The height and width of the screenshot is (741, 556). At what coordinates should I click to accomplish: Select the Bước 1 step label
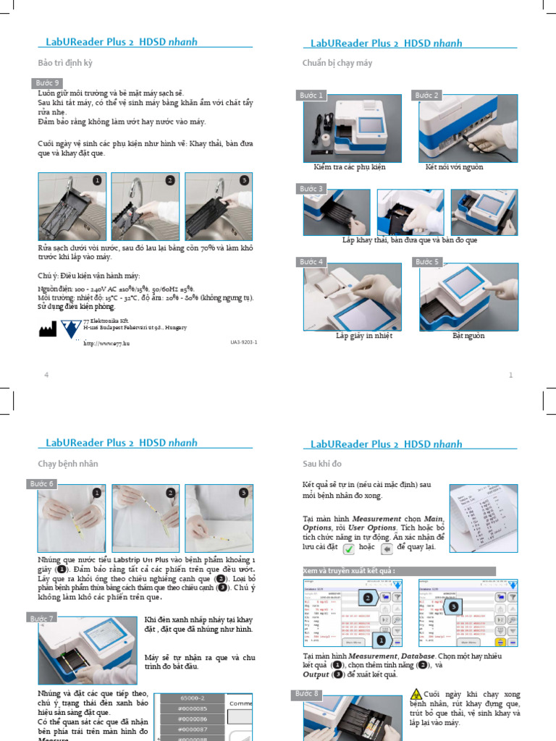click(x=312, y=96)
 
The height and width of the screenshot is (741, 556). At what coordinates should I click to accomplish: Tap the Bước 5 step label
click(x=427, y=261)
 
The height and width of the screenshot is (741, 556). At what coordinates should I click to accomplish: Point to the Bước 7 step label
click(x=43, y=618)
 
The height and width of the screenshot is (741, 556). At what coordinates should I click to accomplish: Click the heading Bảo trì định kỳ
click(x=65, y=63)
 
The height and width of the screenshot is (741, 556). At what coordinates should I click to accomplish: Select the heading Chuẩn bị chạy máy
click(x=337, y=63)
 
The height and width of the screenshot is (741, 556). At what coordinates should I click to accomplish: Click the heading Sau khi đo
click(x=322, y=463)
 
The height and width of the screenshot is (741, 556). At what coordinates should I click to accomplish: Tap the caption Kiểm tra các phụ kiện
click(x=350, y=167)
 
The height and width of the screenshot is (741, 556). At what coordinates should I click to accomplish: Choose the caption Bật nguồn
click(x=468, y=336)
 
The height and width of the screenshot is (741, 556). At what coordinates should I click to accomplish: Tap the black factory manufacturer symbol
click(x=47, y=329)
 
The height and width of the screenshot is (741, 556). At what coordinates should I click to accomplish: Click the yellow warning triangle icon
click(x=416, y=695)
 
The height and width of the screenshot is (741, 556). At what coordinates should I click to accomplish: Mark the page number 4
click(x=46, y=375)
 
